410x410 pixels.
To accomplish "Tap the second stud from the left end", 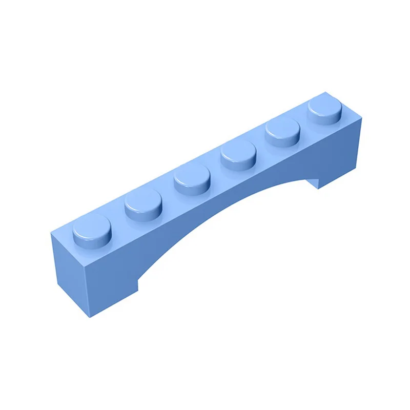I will click(143, 204).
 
